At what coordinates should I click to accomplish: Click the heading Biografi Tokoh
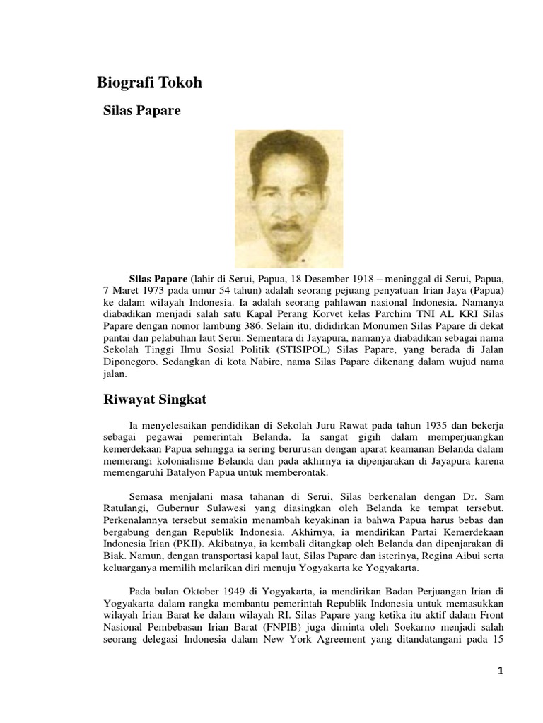point(149,83)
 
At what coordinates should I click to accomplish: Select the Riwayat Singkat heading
point(151,400)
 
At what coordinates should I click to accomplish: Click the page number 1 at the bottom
point(501,671)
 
